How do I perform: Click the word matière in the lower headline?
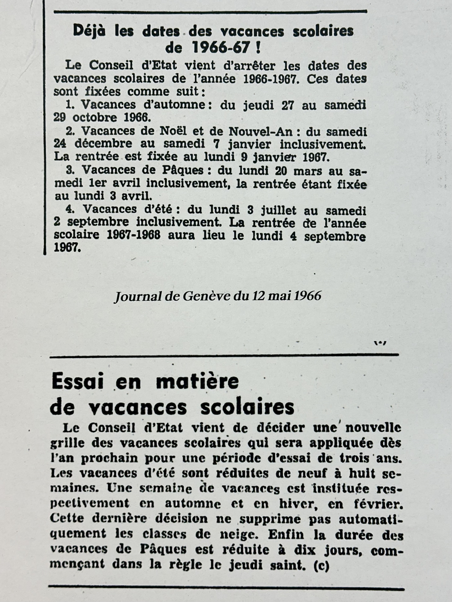click(x=197, y=383)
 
